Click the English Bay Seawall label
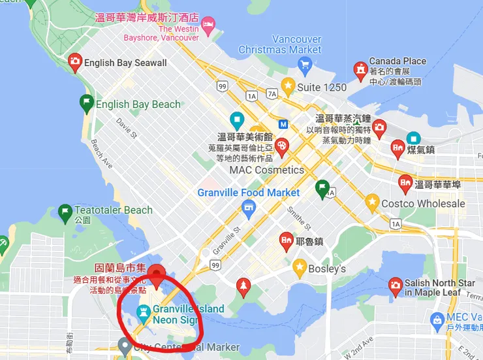pos(125,63)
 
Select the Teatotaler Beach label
pos(114,210)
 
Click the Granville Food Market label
pos(249,193)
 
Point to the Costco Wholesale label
pos(423,204)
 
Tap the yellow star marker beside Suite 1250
pos(288,86)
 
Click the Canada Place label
pos(397,61)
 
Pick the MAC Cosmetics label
pos(266,170)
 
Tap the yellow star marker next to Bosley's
pos(300,267)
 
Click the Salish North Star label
pos(440,284)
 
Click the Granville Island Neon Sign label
pos(188,314)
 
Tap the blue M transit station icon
pos(283,123)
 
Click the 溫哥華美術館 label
pos(244,138)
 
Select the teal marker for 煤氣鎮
pos(413,139)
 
